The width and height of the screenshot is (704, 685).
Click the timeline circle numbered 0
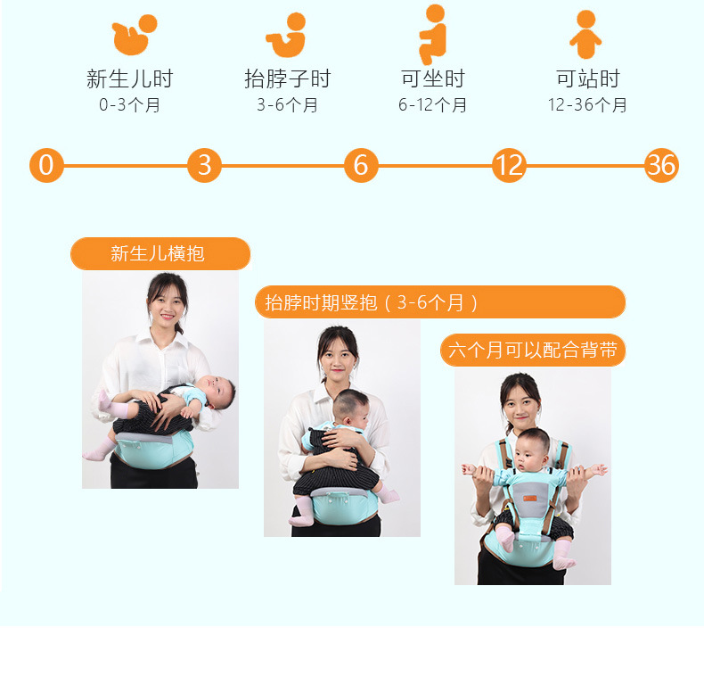click(46, 165)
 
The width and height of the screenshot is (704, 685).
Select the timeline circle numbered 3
click(204, 165)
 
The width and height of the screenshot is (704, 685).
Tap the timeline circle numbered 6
click(361, 165)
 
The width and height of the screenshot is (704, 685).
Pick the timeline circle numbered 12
click(509, 165)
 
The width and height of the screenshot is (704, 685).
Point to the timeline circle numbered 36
click(661, 165)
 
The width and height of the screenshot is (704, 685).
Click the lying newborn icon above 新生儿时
click(134, 35)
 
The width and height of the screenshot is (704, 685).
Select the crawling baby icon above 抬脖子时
click(286, 35)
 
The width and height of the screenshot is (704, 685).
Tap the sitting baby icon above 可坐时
click(432, 34)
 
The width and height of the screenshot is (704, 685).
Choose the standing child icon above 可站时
click(585, 34)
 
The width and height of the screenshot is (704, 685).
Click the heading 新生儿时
click(130, 78)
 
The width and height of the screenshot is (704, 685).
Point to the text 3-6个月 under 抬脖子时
click(287, 104)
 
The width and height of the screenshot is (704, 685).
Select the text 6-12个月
click(432, 104)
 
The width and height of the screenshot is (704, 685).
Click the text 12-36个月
click(587, 104)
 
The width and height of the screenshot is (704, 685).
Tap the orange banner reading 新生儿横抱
click(160, 253)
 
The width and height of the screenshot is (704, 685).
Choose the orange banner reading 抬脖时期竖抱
click(440, 302)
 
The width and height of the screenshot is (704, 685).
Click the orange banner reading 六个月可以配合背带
click(533, 351)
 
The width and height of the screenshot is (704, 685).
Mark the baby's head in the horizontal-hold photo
click(217, 392)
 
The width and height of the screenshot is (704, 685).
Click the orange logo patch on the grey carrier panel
click(530, 499)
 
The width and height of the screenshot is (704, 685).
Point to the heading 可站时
click(588, 78)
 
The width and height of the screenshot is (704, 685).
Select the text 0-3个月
click(129, 104)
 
